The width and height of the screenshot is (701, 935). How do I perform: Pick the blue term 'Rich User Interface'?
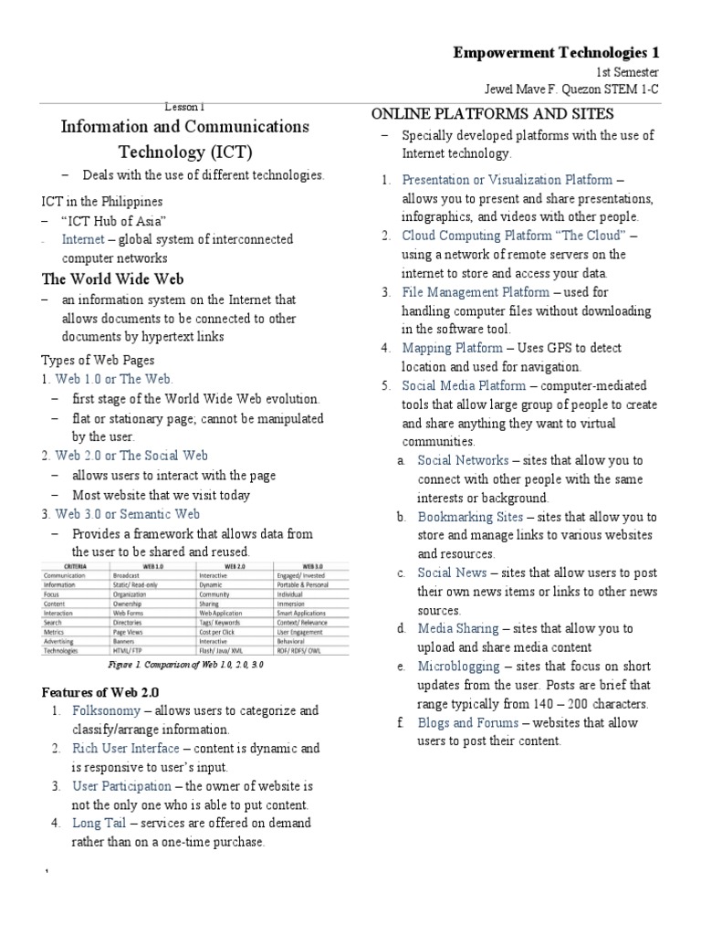coord(126,748)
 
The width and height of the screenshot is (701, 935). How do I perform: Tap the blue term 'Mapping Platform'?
coord(452,348)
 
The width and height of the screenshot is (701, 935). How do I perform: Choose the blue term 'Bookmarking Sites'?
coord(470,517)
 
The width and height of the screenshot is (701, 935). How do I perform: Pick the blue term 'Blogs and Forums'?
coord(467,722)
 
